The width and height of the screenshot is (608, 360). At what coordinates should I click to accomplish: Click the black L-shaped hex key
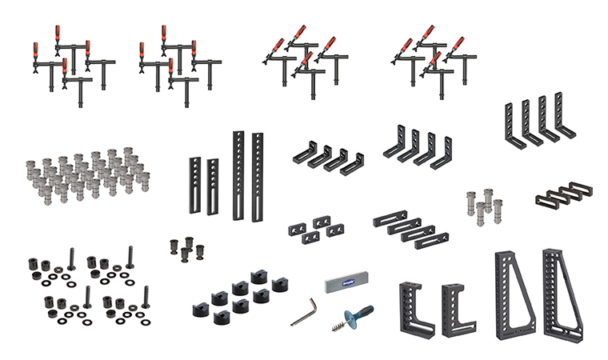302,313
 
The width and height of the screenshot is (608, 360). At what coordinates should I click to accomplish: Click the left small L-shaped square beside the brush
416,309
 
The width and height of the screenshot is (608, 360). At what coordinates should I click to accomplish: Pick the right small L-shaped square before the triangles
458,309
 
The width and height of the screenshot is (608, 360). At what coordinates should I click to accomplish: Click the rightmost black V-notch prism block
278,284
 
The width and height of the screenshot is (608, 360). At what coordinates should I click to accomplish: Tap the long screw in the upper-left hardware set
72,257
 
